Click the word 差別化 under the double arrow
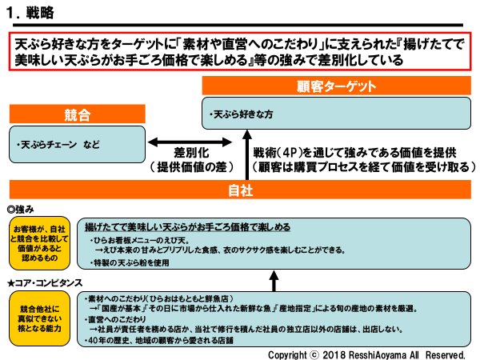click(194, 152)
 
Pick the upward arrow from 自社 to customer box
click(246, 157)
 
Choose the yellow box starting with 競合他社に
click(39, 318)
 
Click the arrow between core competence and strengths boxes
click(274, 280)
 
